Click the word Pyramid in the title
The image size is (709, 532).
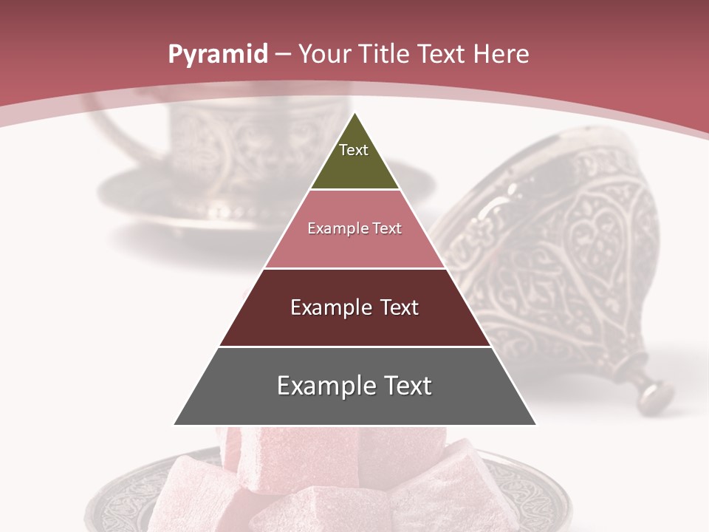point(217,55)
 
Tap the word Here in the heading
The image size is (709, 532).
point(501,54)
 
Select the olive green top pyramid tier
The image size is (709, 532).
point(354,166)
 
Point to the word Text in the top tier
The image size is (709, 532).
point(354,150)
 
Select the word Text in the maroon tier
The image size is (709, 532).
point(393,307)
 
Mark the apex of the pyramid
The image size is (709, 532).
point(354,115)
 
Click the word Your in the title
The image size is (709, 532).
point(323,55)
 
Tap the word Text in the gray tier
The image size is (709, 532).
point(405,386)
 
